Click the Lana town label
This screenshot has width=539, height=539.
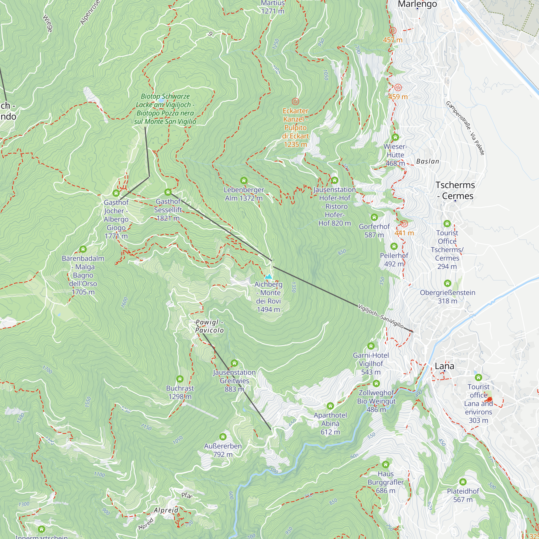click(444, 366)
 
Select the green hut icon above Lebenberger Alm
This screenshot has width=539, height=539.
click(244, 180)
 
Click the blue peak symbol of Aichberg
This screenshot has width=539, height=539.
click(268, 277)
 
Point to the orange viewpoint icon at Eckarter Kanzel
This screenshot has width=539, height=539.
click(295, 101)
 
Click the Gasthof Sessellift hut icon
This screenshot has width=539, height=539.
click(168, 192)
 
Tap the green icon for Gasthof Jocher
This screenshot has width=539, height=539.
click(116, 193)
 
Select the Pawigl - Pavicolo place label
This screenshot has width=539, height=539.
click(209, 326)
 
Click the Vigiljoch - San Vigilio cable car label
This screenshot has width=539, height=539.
click(381, 316)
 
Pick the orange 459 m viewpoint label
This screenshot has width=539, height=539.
click(398, 96)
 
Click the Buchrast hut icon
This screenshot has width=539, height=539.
click(180, 379)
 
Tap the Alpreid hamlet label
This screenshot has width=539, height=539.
click(166, 510)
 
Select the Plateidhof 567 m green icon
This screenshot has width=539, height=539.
click(463, 482)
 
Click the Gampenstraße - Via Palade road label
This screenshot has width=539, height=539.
click(465, 128)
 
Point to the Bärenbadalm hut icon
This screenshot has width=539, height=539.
click(83, 249)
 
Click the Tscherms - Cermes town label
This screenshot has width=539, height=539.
click(455, 190)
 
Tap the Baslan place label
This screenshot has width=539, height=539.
click(427, 161)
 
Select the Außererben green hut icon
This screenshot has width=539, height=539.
click(223, 437)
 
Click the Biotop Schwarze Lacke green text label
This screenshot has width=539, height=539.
click(165, 109)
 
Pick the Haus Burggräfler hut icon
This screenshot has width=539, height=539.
click(386, 465)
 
